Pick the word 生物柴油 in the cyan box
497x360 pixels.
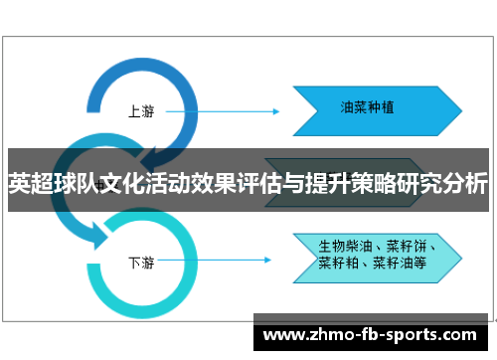344,245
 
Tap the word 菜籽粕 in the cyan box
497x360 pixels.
338,263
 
